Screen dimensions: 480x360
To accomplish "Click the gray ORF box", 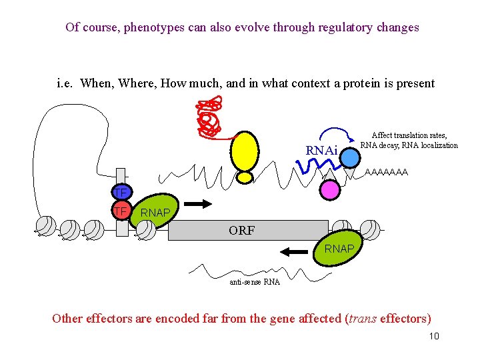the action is [247, 230].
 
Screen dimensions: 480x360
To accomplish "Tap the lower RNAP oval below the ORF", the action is [338, 249].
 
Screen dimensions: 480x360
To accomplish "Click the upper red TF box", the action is [120, 194].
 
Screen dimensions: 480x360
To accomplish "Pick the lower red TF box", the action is [120, 211].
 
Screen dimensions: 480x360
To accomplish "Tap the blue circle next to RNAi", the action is [351, 157].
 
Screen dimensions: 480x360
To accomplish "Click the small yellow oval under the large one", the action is [246, 178].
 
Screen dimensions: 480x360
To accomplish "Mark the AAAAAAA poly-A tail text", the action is [387, 172].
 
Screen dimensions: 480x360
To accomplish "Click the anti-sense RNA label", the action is [255, 282].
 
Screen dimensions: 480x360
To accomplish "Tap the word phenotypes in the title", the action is [143, 27].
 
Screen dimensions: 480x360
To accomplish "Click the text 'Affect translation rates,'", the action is [409, 135].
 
